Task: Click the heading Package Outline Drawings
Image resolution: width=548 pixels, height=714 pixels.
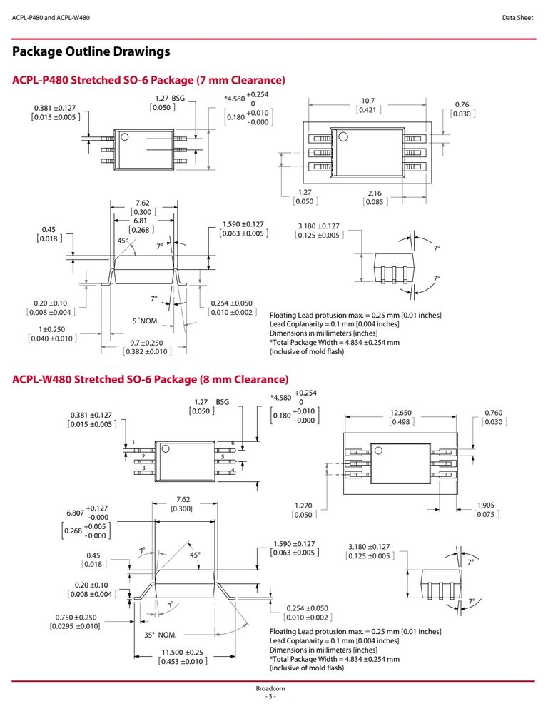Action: (91, 51)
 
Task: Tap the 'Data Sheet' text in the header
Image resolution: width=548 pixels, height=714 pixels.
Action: (517, 18)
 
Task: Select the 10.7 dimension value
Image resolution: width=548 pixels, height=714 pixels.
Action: (367, 101)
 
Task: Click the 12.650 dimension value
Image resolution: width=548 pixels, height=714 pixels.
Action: (400, 413)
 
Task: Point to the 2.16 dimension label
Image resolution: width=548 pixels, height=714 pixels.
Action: (375, 193)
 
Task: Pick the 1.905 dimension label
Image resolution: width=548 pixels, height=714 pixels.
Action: (486, 505)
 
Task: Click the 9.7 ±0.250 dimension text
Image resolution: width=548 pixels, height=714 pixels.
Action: (146, 343)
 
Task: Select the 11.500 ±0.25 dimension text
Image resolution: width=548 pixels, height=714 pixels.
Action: (183, 652)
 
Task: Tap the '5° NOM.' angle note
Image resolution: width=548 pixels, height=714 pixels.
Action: (146, 321)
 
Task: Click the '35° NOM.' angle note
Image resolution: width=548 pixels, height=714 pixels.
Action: (161, 635)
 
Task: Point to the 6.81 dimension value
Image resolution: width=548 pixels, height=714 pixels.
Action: (140, 221)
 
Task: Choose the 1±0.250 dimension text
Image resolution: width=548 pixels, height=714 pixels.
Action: (52, 329)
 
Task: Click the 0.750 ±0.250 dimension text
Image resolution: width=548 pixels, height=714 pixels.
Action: (76, 618)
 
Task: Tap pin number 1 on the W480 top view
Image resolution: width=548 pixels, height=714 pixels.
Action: (134, 442)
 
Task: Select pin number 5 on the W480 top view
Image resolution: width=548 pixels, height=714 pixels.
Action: (223, 457)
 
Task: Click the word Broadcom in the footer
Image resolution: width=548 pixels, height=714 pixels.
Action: (270, 688)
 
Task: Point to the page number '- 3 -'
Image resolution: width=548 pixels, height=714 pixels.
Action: (270, 697)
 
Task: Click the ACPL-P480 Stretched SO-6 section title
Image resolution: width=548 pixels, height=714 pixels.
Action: (149, 80)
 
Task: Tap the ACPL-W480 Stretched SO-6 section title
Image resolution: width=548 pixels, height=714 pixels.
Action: (150, 379)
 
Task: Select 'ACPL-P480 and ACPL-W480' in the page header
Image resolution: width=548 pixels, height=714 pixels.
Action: (51, 18)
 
